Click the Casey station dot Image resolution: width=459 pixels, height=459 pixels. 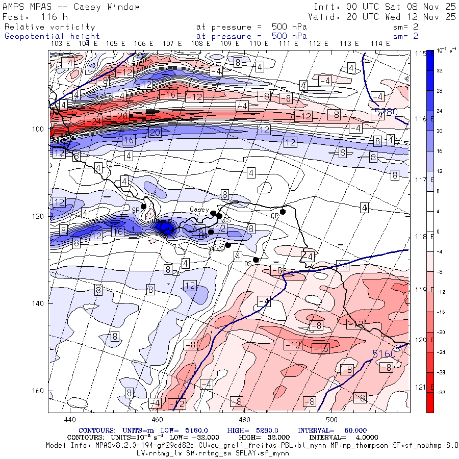[x=213, y=213]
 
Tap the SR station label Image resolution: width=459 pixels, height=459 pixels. [x=136, y=210]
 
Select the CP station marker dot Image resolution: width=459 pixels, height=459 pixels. [x=283, y=212]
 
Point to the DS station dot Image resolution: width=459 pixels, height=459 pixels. [x=256, y=260]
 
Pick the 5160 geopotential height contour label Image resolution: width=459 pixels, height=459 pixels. [x=384, y=353]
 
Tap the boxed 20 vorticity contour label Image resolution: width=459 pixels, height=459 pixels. [x=155, y=133]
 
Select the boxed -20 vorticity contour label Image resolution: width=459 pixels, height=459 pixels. [x=119, y=116]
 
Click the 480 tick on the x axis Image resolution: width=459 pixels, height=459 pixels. [x=244, y=420]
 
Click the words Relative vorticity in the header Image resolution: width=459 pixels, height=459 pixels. [x=49, y=27]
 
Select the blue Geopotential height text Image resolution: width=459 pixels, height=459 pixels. [x=52, y=36]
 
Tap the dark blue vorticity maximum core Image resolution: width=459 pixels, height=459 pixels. [x=166, y=227]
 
